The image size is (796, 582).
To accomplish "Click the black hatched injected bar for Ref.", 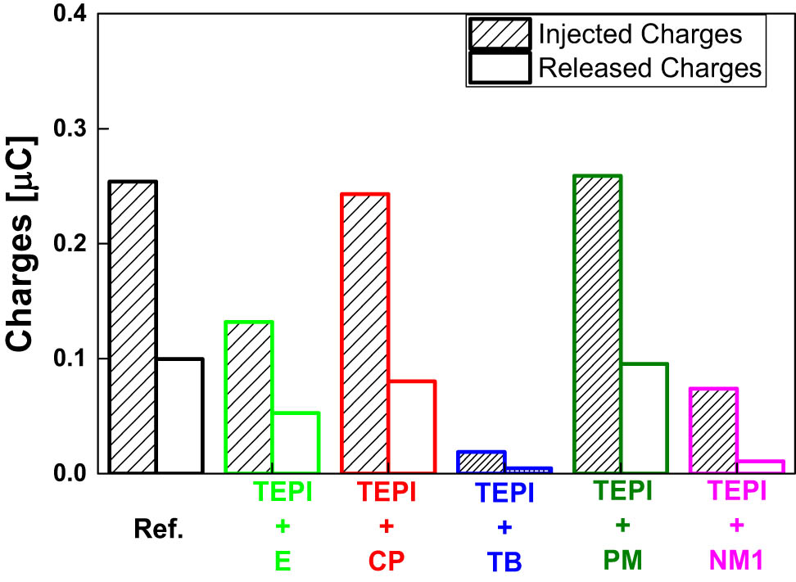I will pos(133,327).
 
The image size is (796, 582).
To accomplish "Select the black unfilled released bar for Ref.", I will pos(179,416).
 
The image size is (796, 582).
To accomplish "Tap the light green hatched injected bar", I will pos(248,397).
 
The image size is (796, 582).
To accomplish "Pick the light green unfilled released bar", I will pos(295,443).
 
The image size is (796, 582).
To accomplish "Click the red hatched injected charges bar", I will pos(364,333).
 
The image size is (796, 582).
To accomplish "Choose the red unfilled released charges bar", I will pos(411,426).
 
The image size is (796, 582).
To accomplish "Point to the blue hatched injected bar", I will pos(481,462).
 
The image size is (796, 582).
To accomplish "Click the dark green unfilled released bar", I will pos(644,418).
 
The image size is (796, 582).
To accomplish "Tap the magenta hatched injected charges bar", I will pos(713,431).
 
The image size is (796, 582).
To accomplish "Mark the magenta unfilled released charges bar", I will pos(760,467).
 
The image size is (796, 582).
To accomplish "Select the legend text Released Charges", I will pos(649,69).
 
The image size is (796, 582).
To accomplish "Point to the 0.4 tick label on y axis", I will pos(69,15).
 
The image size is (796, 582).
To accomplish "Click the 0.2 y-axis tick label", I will pos(69,244).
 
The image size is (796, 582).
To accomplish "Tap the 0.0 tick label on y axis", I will pos(69,473).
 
